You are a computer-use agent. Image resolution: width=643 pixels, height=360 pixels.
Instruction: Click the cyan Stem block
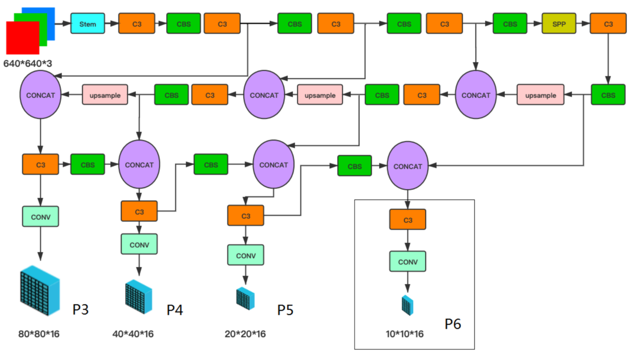(x=88, y=24)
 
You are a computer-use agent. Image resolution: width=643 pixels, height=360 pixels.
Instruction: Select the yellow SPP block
(x=559, y=24)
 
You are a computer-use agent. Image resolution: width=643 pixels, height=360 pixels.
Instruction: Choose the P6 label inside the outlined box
(x=453, y=324)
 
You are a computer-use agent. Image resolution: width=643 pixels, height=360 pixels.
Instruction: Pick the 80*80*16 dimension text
(x=39, y=334)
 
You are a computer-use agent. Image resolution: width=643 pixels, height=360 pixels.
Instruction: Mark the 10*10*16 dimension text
(x=405, y=334)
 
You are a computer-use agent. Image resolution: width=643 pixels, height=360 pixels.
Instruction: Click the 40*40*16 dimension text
(x=133, y=334)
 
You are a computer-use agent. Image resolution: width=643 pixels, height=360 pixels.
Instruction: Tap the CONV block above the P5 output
(x=246, y=255)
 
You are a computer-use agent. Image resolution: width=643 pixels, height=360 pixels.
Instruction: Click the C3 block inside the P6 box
(x=407, y=219)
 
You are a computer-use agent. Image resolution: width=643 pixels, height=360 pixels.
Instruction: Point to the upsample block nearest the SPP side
(x=540, y=95)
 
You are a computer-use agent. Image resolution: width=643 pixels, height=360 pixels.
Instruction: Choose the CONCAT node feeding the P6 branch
(x=407, y=166)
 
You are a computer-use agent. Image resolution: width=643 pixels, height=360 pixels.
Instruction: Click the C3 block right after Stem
(x=137, y=24)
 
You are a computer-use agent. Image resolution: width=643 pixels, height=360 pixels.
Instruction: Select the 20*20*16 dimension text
(x=245, y=334)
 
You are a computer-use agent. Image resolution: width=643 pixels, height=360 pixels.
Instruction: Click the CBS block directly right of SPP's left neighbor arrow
(x=510, y=24)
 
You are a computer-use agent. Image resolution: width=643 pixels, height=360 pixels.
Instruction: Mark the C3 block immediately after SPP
(x=608, y=24)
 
